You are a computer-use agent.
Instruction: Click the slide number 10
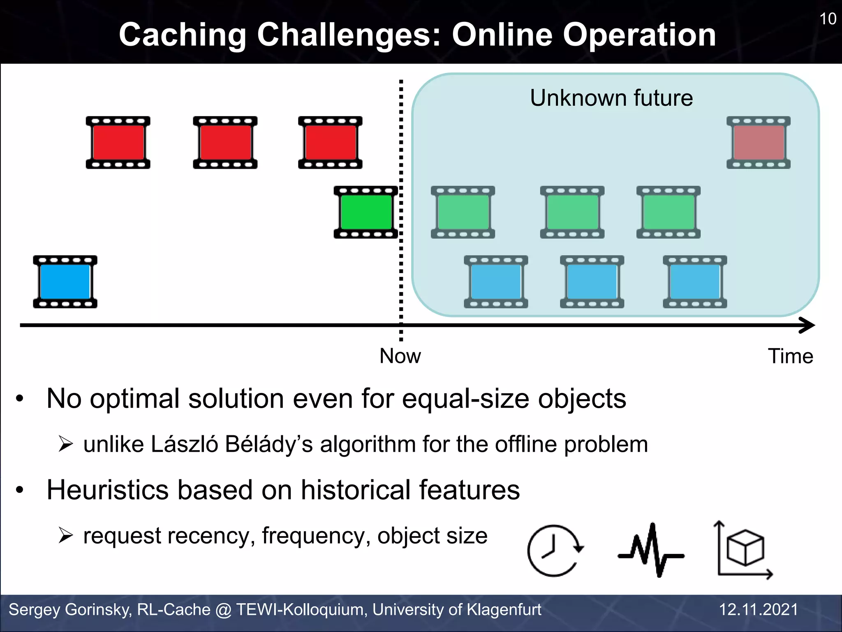point(828,19)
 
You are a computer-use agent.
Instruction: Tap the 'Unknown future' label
point(611,98)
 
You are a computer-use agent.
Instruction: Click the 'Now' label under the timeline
point(400,356)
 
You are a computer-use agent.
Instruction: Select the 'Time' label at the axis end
point(790,356)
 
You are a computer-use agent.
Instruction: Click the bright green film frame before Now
point(365,212)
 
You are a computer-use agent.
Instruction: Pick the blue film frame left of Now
point(65,282)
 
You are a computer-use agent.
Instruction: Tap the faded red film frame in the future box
point(758,143)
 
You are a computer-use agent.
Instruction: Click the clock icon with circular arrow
point(555,551)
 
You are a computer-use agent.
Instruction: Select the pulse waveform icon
point(651,551)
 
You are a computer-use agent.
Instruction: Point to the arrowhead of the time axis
point(808,325)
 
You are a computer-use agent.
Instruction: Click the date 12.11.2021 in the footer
point(758,609)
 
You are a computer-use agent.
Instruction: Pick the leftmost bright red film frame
point(118,143)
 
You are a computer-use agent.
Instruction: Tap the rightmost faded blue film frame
point(695,282)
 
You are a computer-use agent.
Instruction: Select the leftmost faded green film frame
point(463,212)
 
